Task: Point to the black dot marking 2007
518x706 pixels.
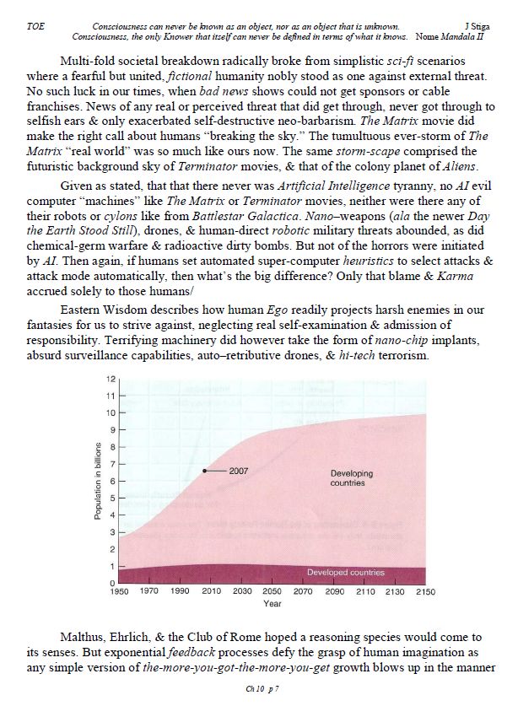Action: [x=205, y=471]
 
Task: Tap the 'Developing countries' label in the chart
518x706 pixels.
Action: [x=348, y=478]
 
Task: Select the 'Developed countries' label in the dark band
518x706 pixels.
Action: [x=345, y=573]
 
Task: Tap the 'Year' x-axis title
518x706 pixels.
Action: [x=272, y=605]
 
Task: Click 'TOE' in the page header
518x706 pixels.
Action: [x=36, y=28]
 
